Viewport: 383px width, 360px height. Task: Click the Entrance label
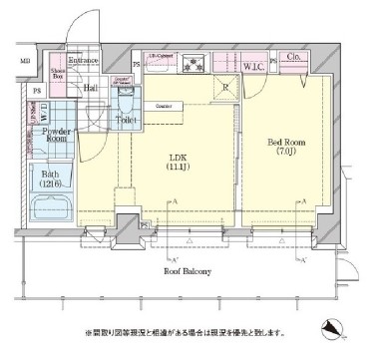[83, 61]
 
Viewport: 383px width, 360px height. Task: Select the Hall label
[90, 88]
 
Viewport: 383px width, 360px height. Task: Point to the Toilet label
[126, 119]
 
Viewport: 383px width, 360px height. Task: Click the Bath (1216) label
[50, 180]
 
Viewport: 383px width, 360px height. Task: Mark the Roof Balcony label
[190, 269]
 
